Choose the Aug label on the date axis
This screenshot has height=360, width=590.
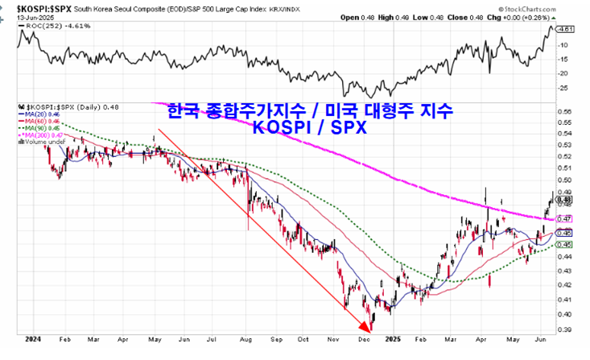coord(247,340)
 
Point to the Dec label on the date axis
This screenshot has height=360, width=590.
coord(362,340)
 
